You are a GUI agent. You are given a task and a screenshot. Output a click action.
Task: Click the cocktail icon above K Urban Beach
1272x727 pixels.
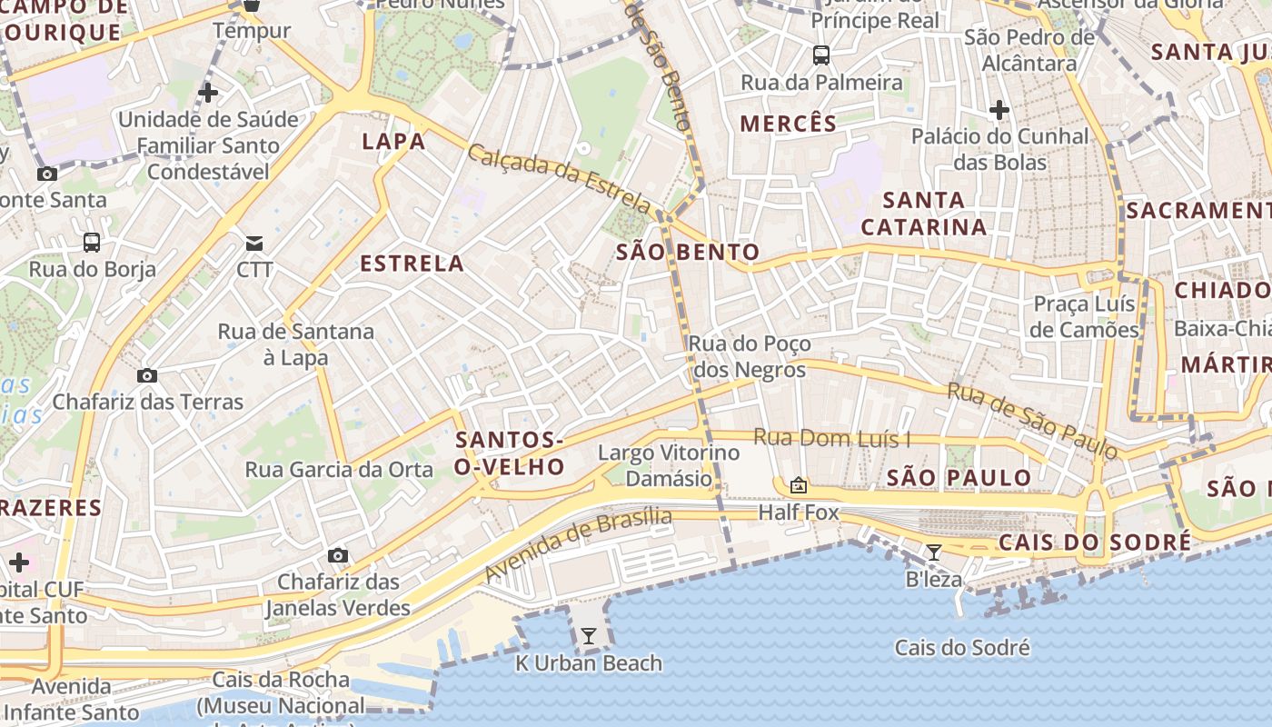589,636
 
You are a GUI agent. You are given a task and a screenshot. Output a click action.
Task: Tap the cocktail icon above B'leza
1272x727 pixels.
933,552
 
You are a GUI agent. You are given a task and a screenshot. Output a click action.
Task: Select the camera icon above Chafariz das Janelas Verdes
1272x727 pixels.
338,555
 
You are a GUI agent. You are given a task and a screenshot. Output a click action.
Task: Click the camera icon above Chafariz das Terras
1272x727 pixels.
147,375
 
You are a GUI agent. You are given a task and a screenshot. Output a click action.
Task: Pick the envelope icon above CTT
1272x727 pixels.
254,244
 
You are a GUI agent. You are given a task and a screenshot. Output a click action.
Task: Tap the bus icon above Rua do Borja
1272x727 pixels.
92,243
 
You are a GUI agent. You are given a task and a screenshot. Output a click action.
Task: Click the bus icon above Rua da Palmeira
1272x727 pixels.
821,55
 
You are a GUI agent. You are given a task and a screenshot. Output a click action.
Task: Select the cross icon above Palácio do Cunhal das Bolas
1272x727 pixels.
999,111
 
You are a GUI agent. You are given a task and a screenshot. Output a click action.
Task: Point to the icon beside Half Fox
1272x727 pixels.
799,486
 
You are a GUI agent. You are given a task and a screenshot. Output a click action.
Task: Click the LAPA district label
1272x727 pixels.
393,141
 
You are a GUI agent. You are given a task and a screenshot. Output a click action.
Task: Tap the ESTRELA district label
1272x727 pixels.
412,264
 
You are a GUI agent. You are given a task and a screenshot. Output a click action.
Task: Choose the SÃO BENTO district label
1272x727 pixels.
688,252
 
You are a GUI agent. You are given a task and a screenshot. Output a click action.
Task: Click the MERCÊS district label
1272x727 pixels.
788,124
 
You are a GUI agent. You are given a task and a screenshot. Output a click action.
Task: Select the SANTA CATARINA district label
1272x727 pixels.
924,213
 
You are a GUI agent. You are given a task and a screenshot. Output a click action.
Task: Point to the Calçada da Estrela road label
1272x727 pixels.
559,178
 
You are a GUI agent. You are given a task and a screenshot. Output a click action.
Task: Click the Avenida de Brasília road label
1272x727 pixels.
579,545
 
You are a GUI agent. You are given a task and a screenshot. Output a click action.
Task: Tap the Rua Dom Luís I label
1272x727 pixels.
832,438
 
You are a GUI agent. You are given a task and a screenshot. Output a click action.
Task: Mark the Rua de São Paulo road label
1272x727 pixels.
1031,420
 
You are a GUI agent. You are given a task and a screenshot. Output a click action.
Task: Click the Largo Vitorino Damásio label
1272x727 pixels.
669,465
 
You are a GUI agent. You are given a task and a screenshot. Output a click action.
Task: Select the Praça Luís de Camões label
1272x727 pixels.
1084,316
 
